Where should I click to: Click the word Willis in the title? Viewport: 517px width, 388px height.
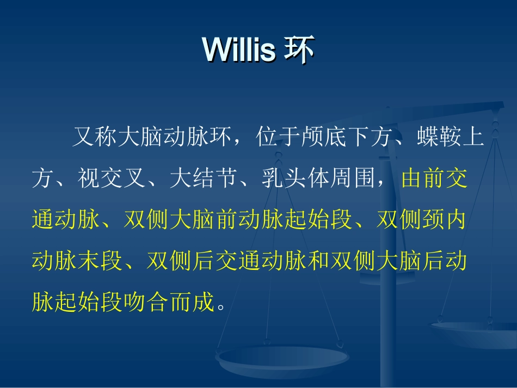tap(239, 51)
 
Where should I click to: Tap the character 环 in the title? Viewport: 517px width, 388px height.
tap(300, 51)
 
